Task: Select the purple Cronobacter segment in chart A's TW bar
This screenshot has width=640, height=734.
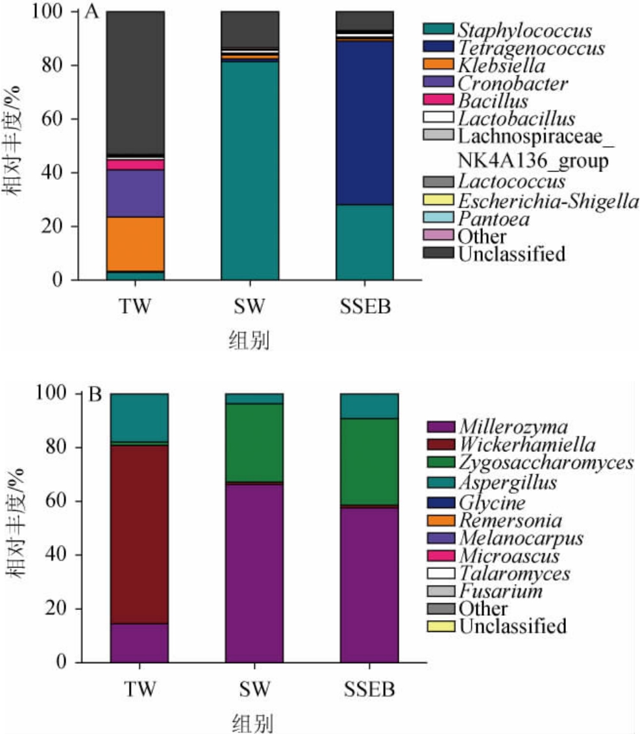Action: click(x=135, y=193)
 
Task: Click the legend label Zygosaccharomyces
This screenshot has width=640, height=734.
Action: click(x=546, y=462)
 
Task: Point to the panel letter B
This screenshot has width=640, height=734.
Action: click(x=95, y=395)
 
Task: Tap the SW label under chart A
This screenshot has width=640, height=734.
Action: click(x=249, y=305)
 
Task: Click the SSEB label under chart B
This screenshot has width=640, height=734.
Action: click(x=369, y=688)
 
